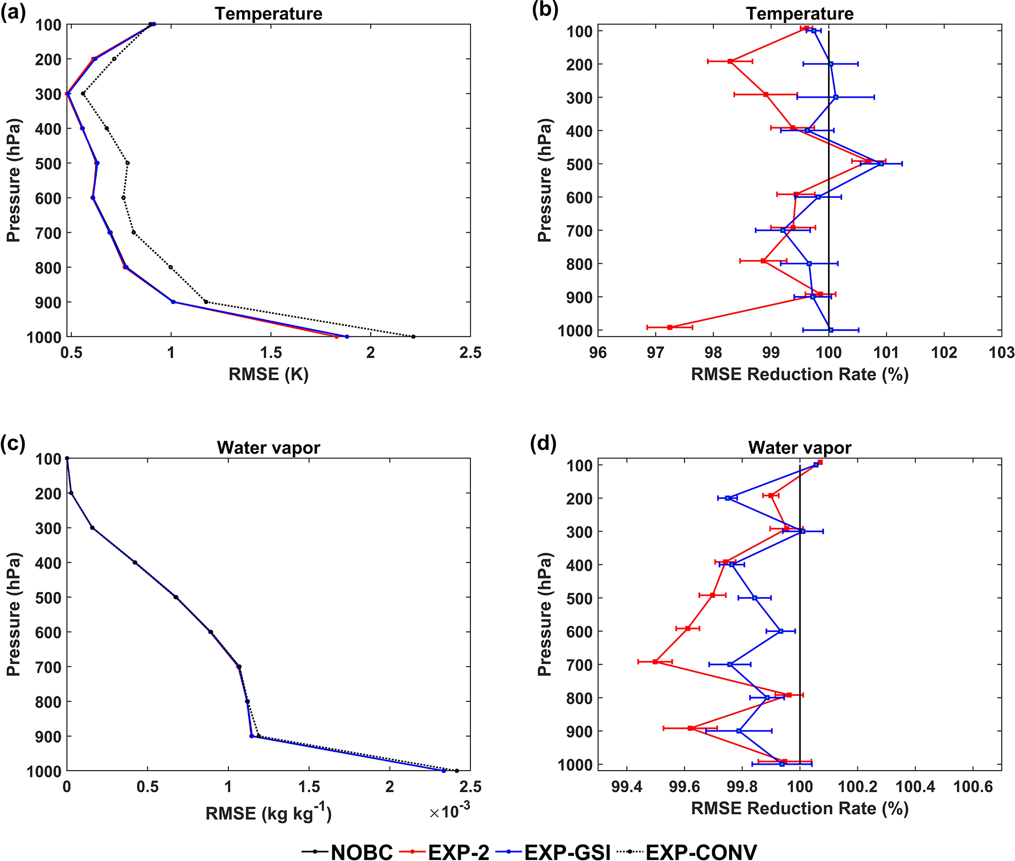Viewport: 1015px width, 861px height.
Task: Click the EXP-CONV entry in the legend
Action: click(x=701, y=852)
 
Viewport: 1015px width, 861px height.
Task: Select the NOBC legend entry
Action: click(x=361, y=852)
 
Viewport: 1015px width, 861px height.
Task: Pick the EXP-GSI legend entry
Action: click(x=567, y=852)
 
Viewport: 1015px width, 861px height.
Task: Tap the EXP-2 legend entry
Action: click(x=459, y=852)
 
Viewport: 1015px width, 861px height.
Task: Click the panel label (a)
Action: click(x=13, y=12)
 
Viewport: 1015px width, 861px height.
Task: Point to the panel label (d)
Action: click(x=544, y=444)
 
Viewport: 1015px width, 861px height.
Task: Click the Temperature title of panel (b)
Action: click(x=800, y=14)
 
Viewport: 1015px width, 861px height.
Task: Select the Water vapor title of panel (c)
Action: click(x=269, y=447)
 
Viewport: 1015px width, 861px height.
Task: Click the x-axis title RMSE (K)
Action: click(x=269, y=374)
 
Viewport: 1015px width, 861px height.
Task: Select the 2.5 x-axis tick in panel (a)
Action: click(x=470, y=353)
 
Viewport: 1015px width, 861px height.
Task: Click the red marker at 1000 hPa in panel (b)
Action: click(x=670, y=327)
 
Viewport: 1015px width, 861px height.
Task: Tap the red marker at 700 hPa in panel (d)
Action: click(x=655, y=662)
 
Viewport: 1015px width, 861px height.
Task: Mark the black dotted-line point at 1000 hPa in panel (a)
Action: click(x=413, y=336)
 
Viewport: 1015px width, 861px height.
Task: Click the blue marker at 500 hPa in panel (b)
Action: click(x=881, y=164)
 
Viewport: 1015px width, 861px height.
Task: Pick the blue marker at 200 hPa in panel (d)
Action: click(x=728, y=498)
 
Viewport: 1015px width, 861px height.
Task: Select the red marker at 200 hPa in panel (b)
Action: click(x=730, y=61)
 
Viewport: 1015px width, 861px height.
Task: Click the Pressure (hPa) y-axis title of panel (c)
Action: click(x=14, y=614)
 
